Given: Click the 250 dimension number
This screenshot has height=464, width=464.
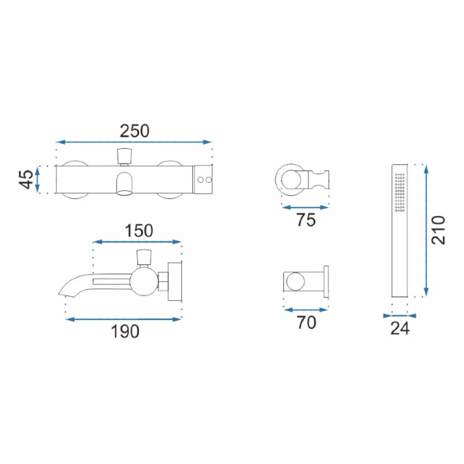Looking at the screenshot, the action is coord(135,131).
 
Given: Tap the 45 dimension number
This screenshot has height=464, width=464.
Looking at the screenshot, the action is coord(26,179).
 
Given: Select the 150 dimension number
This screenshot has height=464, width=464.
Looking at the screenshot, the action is coord(139,231).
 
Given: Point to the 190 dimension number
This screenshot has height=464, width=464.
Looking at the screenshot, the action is coord(125,331).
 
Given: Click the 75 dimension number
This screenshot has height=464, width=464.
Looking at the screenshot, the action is coord(306,220).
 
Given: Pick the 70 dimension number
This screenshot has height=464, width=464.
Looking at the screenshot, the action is coord(307,322).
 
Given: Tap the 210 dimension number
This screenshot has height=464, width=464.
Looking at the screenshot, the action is coord(438,230).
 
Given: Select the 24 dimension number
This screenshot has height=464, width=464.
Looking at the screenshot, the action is coord(400,328).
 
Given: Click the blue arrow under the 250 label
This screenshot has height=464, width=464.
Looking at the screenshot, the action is coord(134,142).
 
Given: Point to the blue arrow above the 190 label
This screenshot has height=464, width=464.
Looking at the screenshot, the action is coord(123,319).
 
